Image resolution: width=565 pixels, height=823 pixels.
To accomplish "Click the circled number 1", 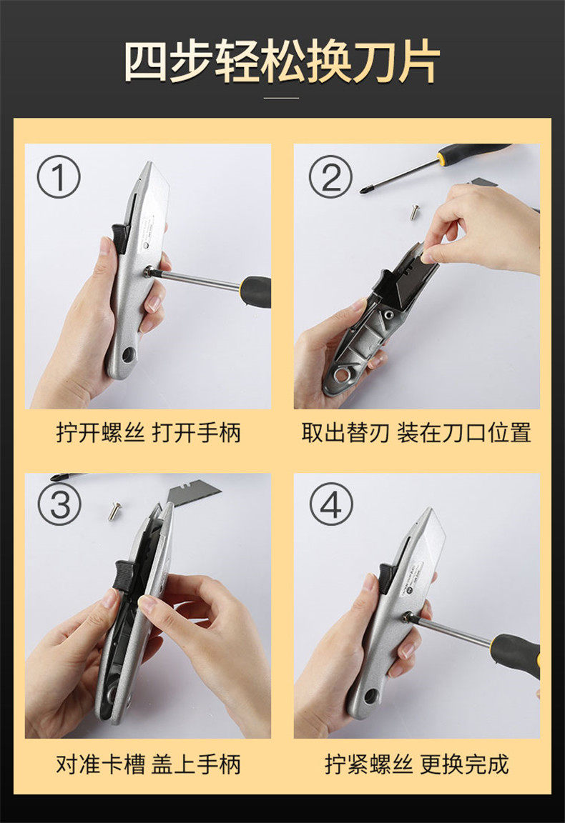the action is click(x=59, y=177).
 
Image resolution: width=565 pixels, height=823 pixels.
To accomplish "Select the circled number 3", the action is click(x=59, y=504).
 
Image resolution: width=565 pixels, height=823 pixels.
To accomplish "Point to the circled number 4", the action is click(x=330, y=504).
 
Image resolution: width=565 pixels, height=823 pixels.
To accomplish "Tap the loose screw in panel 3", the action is click(x=115, y=511).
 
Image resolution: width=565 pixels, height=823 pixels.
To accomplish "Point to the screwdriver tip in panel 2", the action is click(x=363, y=190).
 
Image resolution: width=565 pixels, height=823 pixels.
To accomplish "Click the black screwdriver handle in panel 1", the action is click(x=257, y=291).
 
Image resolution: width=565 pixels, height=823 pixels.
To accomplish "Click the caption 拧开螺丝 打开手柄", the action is click(x=148, y=434).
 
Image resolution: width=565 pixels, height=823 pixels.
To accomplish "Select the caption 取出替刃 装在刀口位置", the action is click(x=416, y=433).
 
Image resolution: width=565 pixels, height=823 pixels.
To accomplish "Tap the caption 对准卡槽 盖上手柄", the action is click(x=148, y=764).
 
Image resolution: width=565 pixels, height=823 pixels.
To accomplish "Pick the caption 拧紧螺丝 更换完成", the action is click(x=417, y=764).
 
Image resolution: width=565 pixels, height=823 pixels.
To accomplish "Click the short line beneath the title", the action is click(x=281, y=98).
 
